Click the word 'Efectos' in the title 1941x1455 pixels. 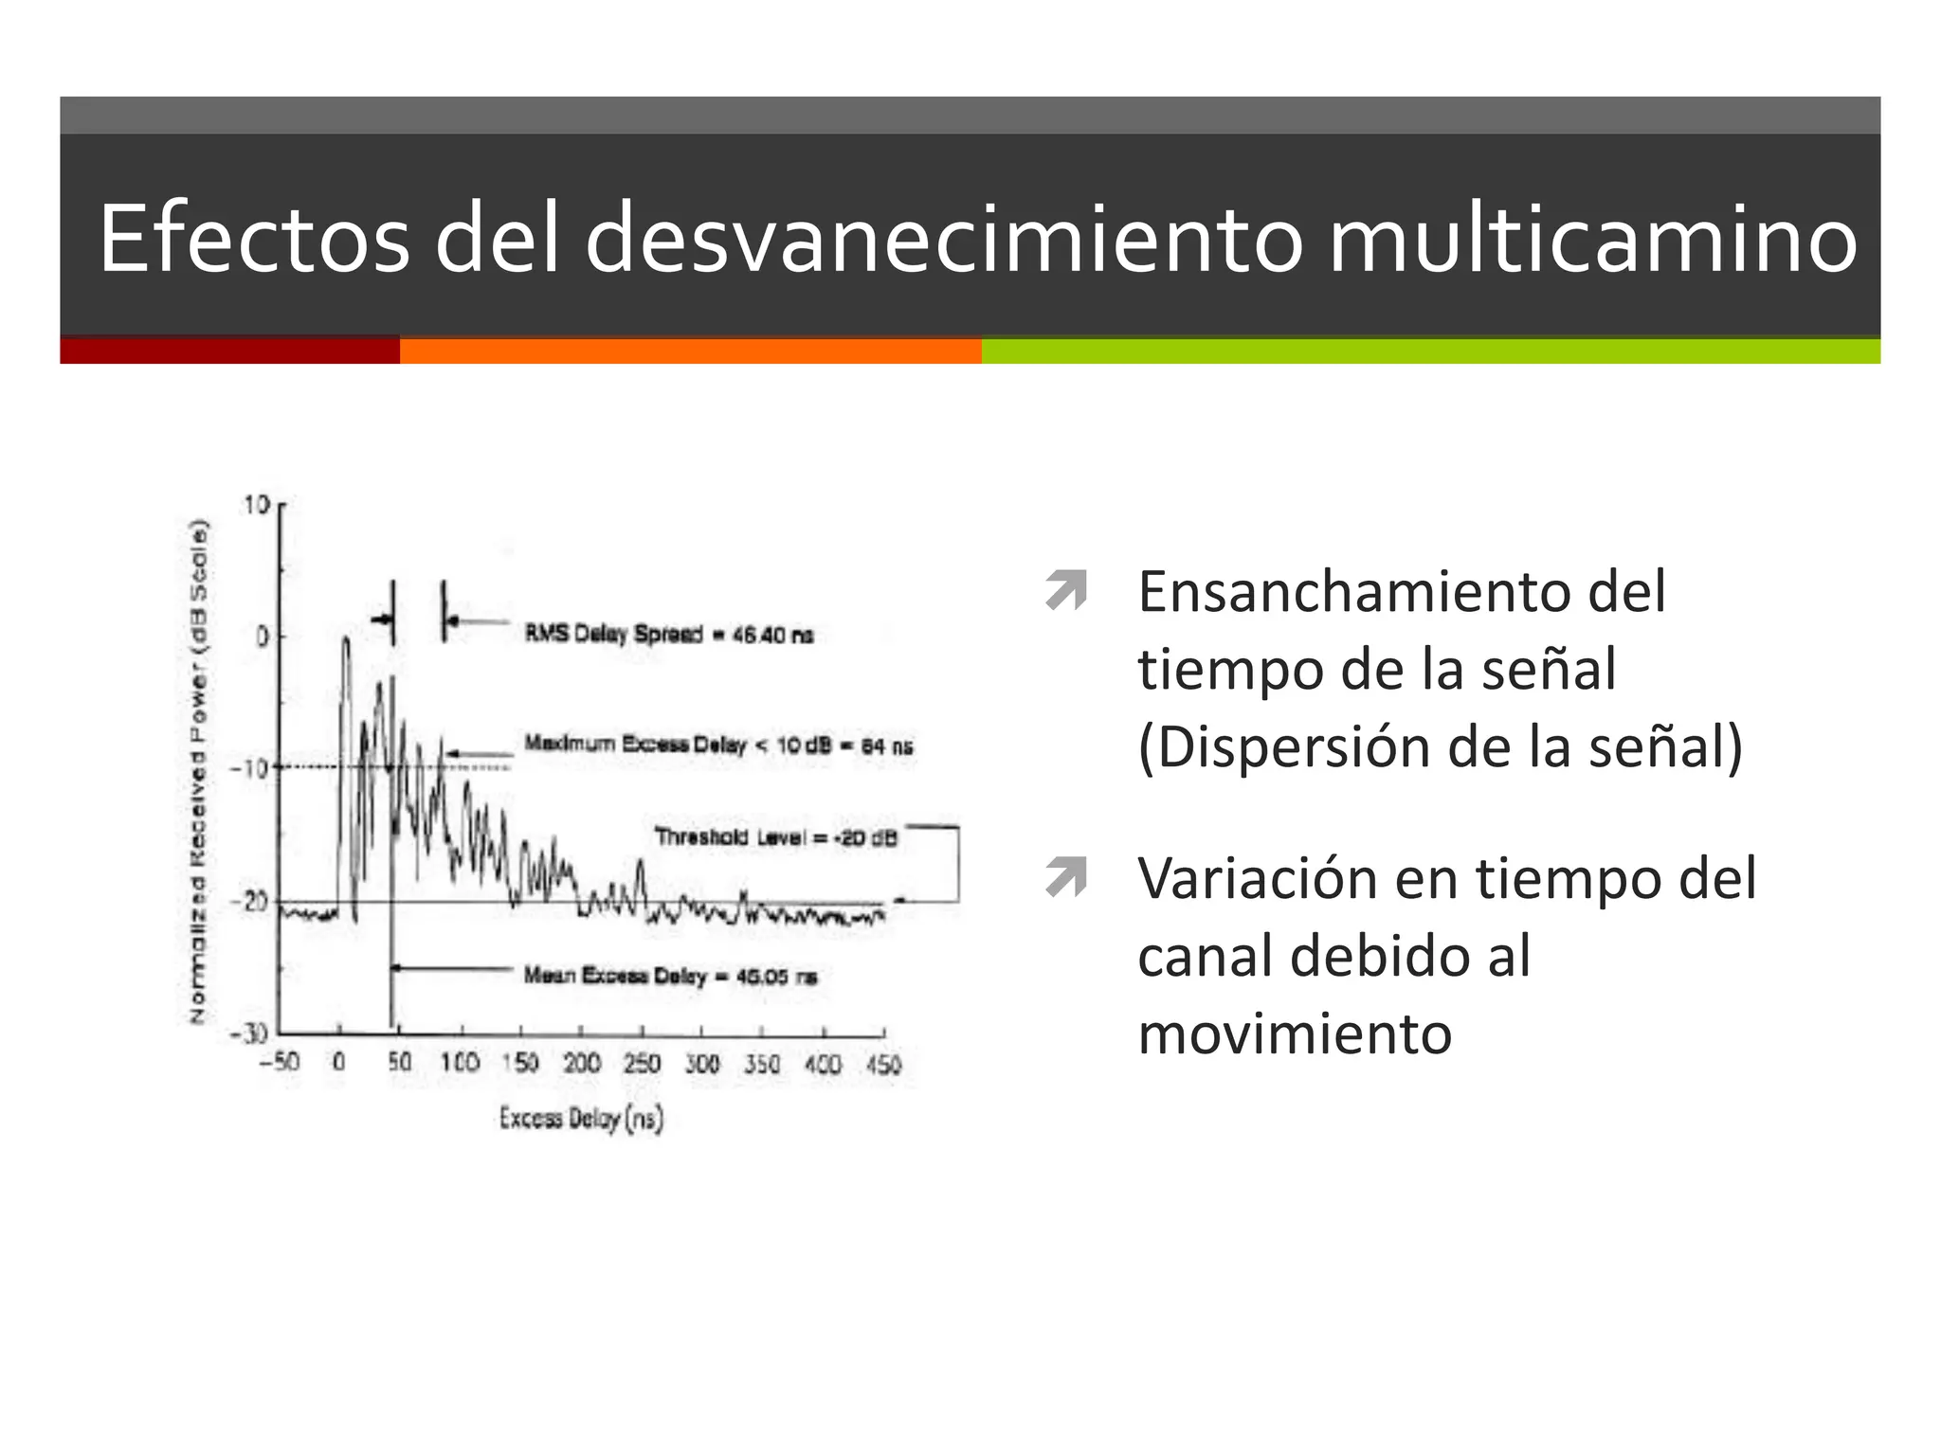(254, 240)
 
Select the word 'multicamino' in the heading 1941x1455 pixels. (1591, 240)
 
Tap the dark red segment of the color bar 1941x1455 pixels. (229, 350)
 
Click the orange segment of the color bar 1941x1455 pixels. (690, 350)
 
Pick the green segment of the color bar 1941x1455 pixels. (1430, 350)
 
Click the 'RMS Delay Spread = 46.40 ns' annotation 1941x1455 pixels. (669, 634)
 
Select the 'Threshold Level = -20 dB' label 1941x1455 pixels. (775, 837)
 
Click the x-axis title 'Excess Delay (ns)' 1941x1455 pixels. (581, 1119)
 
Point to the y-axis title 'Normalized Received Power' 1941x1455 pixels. (198, 771)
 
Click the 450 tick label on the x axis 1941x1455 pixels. (883, 1065)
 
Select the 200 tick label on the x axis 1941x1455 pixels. (581, 1064)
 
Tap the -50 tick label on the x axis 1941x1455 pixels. (279, 1062)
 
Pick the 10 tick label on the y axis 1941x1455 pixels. (257, 505)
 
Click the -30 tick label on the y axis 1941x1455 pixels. (250, 1033)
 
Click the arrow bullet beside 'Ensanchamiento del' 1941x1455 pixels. (1066, 591)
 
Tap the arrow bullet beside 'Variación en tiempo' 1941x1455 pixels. (1066, 877)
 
